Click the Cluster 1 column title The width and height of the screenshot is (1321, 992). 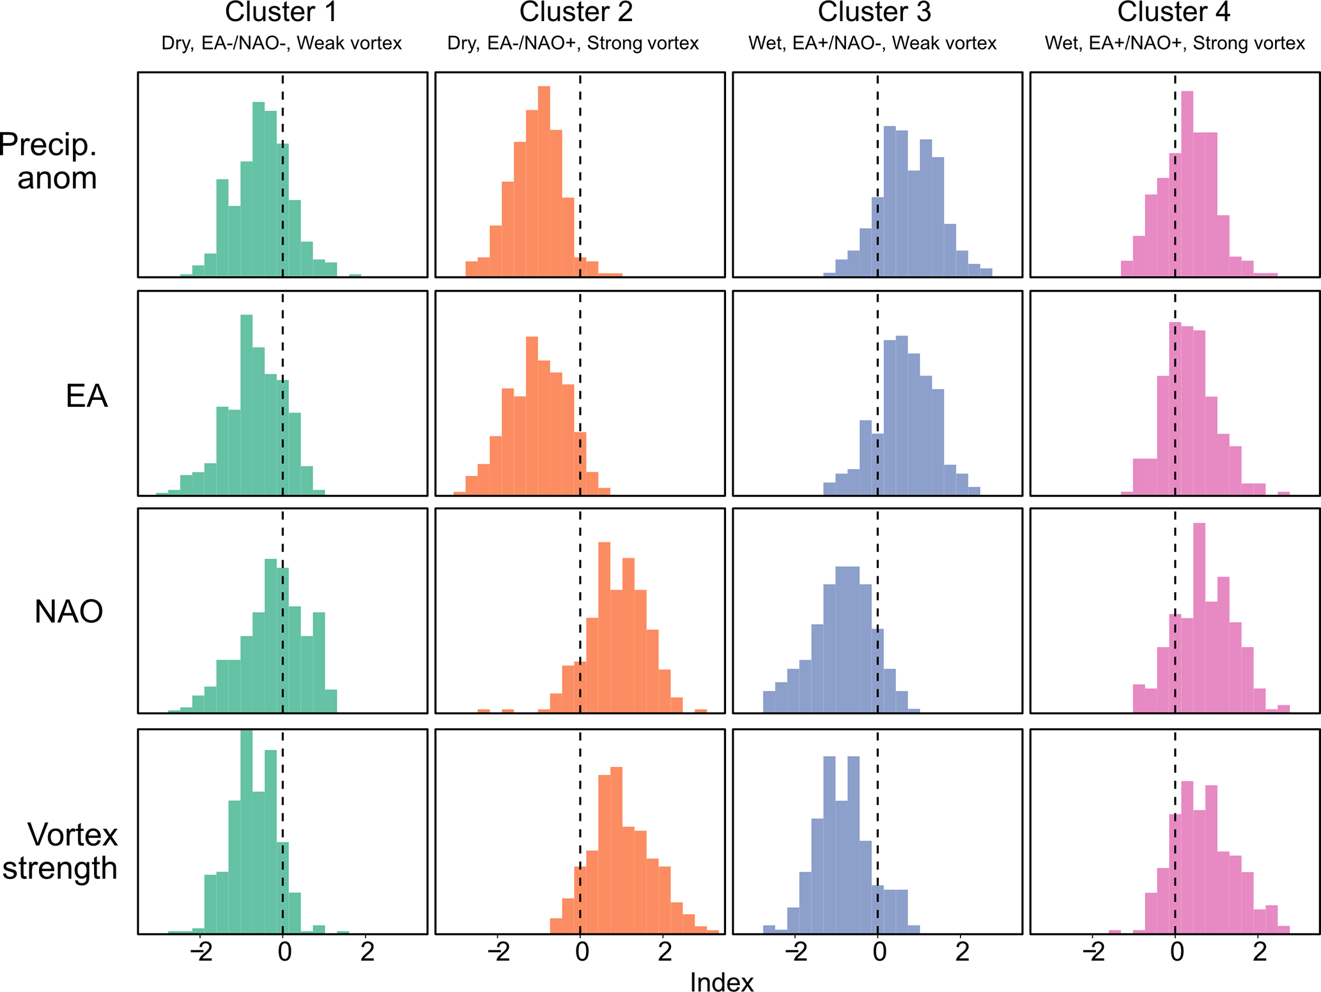[x=281, y=12]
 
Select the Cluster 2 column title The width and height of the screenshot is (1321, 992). [x=576, y=12]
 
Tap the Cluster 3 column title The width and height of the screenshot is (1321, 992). [x=874, y=12]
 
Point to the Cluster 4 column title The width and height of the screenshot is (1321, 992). [x=1174, y=12]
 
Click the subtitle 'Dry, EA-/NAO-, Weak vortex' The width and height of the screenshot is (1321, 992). [x=281, y=43]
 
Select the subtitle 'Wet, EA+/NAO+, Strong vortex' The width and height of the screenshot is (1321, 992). [x=1175, y=43]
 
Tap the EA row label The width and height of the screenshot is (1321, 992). [x=86, y=396]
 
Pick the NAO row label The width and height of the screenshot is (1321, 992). [x=68, y=611]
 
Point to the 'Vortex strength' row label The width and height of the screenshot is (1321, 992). [x=61, y=851]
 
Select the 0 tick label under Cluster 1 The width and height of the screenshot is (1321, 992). [x=284, y=952]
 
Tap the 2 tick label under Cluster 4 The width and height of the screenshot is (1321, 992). [x=1259, y=952]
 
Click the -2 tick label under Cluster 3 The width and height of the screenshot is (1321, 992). [x=796, y=952]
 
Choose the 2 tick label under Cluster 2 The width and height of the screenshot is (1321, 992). [x=665, y=952]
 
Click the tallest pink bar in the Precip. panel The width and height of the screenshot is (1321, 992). [x=1187, y=185]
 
